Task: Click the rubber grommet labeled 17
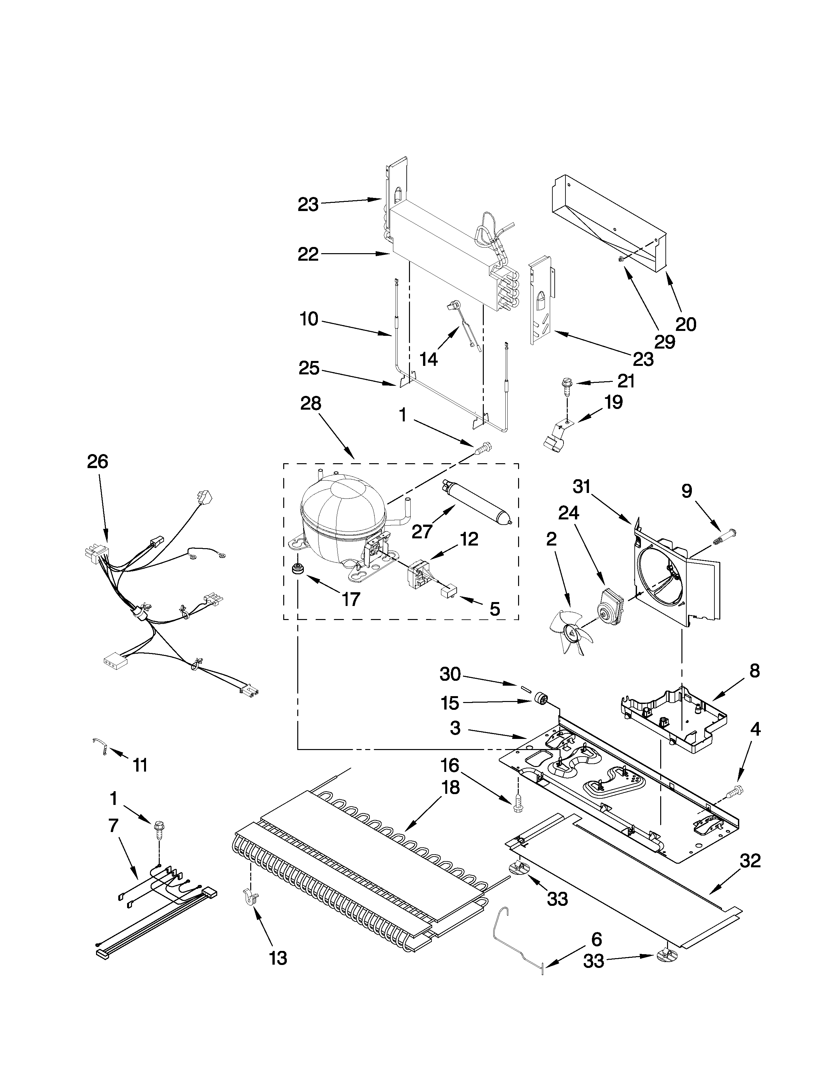298,568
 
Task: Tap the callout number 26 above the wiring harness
97,462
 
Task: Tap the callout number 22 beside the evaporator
308,255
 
